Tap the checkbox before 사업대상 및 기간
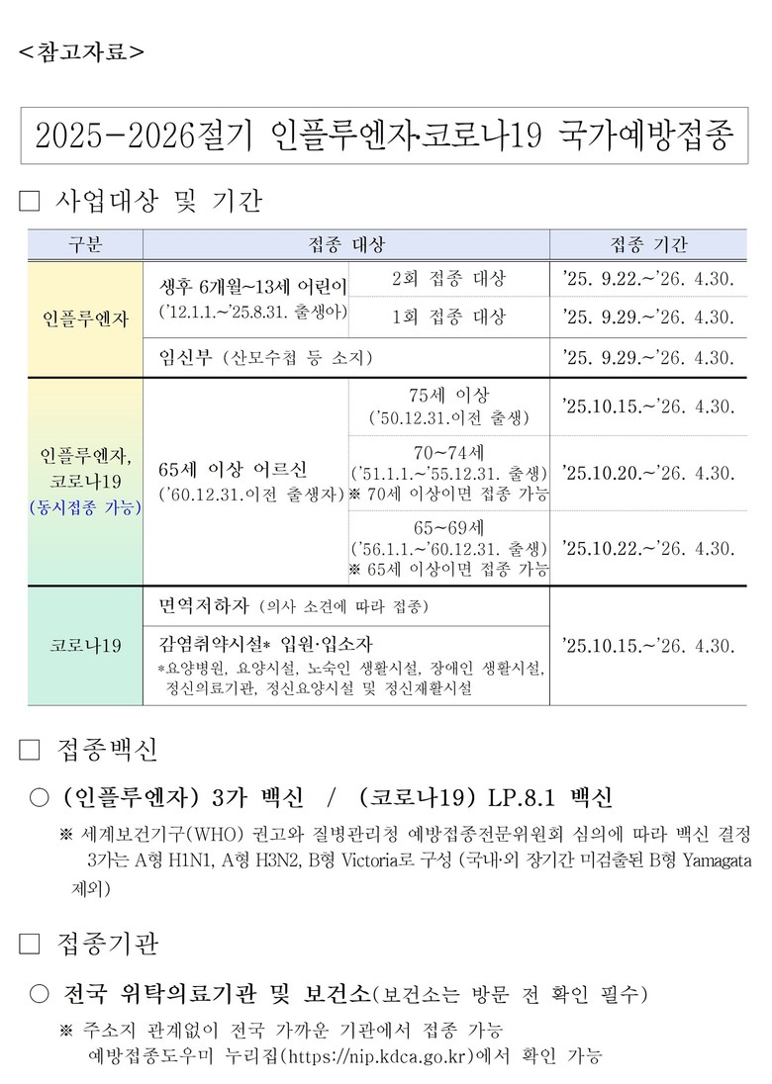[x=29, y=203]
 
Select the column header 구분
[x=85, y=244]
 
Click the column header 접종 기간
[x=648, y=244]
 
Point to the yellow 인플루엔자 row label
[x=85, y=318]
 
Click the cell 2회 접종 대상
[x=448, y=279]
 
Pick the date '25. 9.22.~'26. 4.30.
[x=648, y=279]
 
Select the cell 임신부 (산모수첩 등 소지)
[x=267, y=357]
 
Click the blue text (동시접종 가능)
[x=85, y=507]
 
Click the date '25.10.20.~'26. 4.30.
[x=648, y=473]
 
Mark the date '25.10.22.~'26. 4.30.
[x=648, y=548]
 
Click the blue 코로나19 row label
[x=85, y=645]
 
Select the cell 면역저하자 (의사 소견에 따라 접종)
[x=294, y=605]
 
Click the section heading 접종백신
[x=107, y=750]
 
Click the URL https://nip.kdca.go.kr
[x=374, y=1056]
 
